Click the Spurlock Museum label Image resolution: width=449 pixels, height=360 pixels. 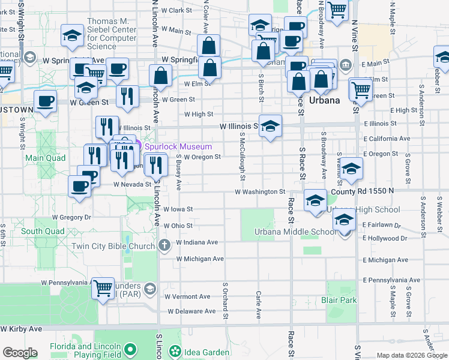(x=177, y=146)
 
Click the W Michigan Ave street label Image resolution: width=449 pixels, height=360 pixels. (x=200, y=259)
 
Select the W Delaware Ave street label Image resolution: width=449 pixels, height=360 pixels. (x=191, y=311)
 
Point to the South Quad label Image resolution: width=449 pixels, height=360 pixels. (x=42, y=231)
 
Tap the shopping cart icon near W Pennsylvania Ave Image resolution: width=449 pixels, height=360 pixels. (x=103, y=288)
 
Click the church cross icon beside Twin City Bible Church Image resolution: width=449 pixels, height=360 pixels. (x=165, y=245)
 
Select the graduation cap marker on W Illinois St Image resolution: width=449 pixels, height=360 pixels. (x=270, y=126)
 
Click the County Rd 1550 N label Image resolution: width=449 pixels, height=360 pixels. (x=362, y=191)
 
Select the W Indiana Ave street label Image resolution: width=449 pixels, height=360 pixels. (x=197, y=242)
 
